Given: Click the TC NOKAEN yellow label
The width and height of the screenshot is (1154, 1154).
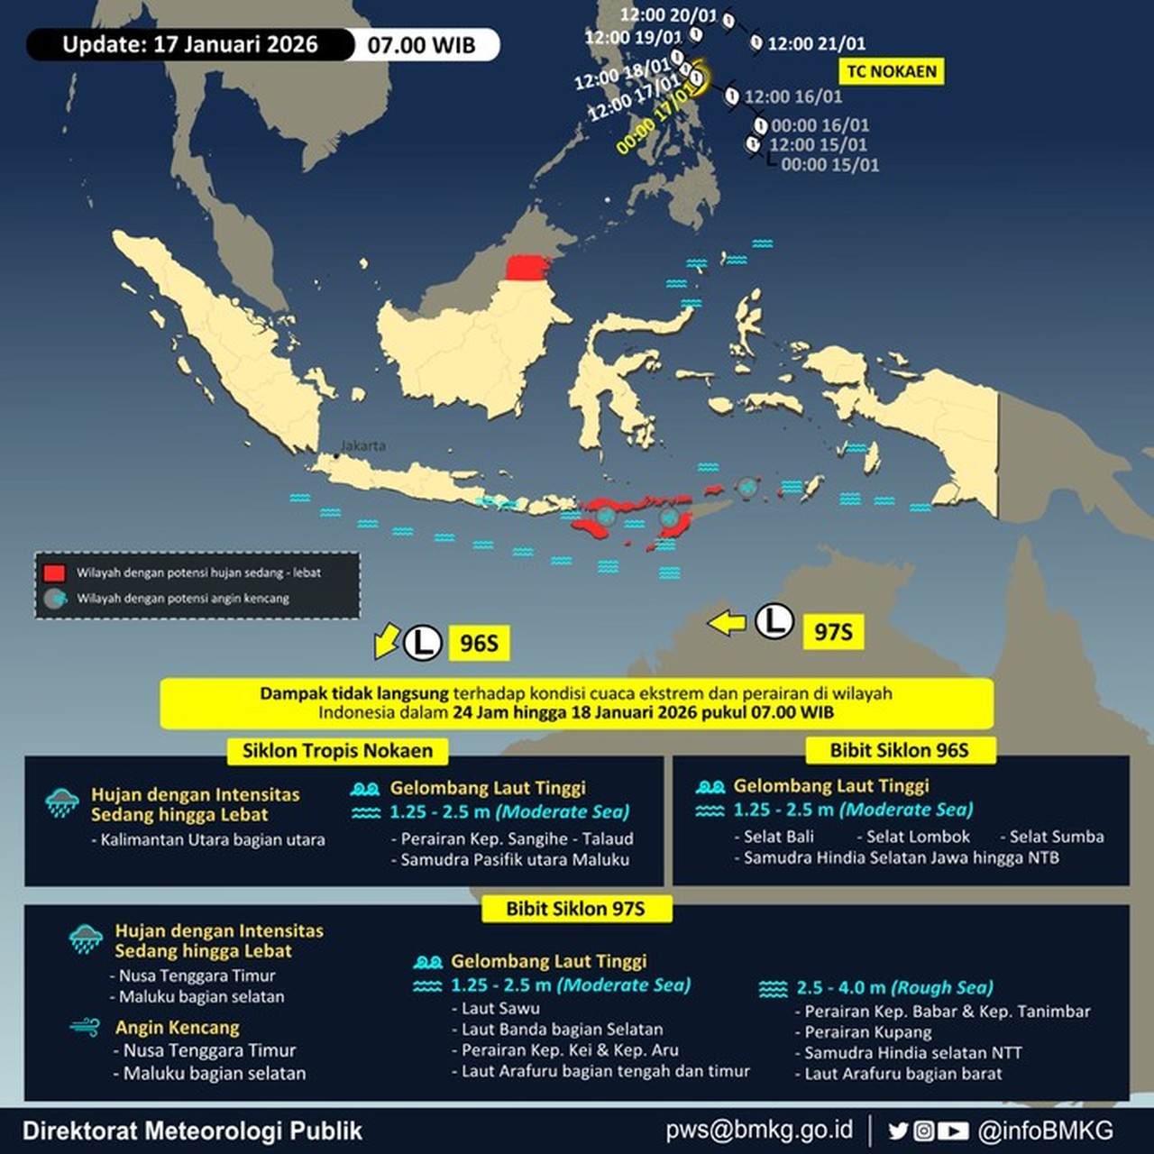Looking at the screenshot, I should click(892, 71).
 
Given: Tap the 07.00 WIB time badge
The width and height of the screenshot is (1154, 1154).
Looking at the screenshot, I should click(421, 45).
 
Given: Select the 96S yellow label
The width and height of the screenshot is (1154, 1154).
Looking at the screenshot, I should click(479, 643).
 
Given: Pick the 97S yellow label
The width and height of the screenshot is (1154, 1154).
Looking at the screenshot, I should click(833, 631).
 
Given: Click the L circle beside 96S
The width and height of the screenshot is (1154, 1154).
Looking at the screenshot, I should click(422, 643).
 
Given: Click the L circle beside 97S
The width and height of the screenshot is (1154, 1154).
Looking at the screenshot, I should click(774, 621).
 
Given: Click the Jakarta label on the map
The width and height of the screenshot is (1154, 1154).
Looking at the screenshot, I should click(362, 445).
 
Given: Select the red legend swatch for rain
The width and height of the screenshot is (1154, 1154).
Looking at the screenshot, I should click(54, 572).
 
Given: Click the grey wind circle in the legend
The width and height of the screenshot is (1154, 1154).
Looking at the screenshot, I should click(55, 598).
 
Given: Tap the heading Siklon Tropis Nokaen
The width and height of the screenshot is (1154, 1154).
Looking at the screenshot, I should click(337, 751).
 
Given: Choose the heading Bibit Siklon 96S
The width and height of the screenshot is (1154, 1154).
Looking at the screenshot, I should click(899, 750).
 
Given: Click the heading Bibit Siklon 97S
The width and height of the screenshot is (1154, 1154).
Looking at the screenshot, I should click(575, 909).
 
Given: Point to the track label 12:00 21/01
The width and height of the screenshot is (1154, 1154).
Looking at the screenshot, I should click(816, 43).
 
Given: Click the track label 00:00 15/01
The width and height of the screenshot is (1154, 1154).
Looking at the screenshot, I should click(829, 165).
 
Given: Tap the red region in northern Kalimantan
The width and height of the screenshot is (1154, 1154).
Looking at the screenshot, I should click(527, 268).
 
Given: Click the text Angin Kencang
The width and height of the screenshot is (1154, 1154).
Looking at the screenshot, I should click(177, 1028).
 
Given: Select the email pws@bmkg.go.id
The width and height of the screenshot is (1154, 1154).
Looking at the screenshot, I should click(759, 1131).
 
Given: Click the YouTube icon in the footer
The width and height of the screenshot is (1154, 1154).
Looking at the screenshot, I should click(953, 1131).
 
